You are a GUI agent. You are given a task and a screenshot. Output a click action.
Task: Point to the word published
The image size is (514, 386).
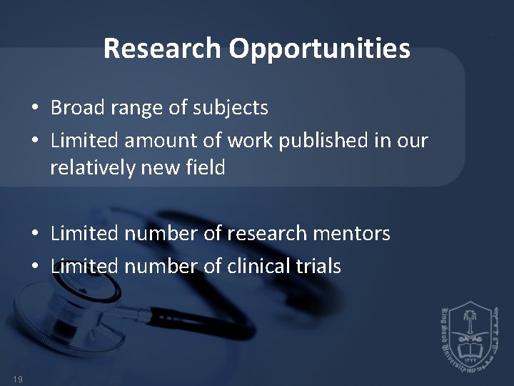(321, 141)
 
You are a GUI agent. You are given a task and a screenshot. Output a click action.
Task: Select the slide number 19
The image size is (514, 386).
(18, 378)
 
